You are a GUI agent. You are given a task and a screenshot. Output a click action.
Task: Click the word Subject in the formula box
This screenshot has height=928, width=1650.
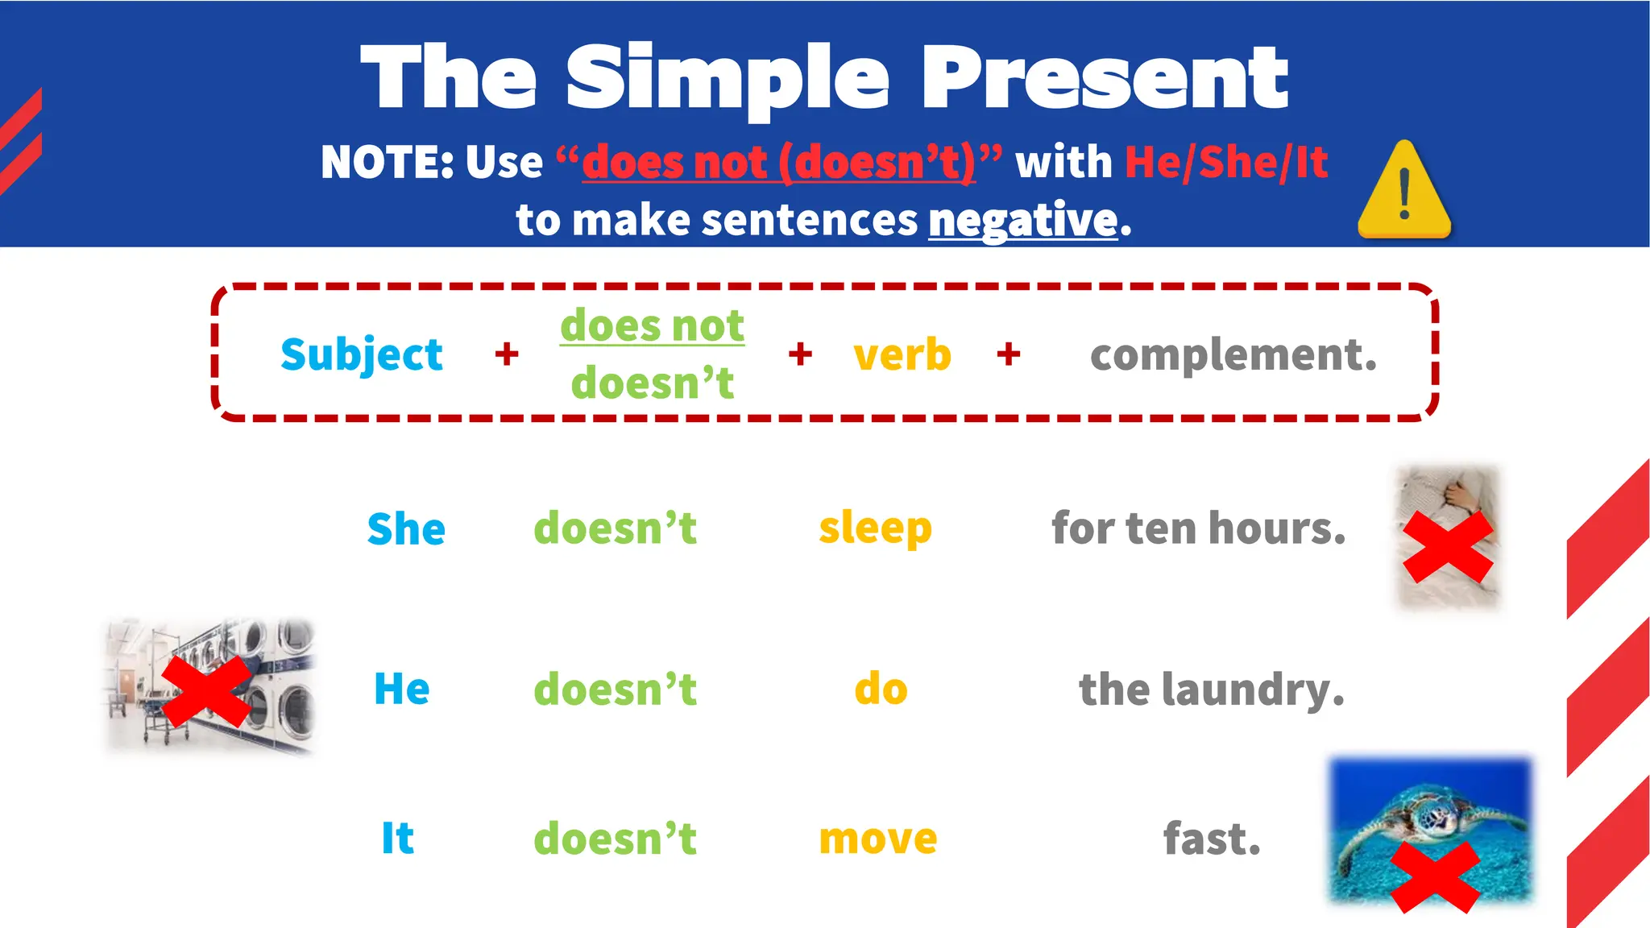click(x=362, y=354)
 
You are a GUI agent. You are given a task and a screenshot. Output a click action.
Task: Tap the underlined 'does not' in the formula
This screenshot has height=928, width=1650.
click(x=653, y=325)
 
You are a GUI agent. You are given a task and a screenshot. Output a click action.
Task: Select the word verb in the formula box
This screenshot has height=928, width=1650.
click(x=902, y=354)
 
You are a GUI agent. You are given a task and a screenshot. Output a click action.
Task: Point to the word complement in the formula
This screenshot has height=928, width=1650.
click(x=1233, y=354)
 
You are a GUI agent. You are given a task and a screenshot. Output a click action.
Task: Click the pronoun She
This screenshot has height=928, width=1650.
click(x=406, y=529)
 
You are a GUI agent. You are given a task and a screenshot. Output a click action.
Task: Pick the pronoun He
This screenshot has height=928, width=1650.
click(x=402, y=690)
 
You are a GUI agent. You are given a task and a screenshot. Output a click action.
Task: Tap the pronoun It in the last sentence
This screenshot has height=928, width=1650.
click(x=397, y=839)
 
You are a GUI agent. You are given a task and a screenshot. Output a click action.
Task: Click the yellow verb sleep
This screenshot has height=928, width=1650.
click(x=875, y=529)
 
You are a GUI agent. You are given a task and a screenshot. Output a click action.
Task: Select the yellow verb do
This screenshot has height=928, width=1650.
click(x=881, y=690)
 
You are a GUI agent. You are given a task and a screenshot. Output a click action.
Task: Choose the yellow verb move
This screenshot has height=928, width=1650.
click(x=878, y=839)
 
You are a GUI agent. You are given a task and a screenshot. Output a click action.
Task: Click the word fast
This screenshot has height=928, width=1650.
click(x=1212, y=839)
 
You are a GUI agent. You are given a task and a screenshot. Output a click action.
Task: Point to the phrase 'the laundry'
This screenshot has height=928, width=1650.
click(x=1212, y=690)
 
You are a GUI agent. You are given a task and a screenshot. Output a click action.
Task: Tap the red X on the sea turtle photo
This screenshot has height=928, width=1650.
click(x=1434, y=876)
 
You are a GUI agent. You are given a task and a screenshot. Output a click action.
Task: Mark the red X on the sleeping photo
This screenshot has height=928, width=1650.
click(x=1448, y=548)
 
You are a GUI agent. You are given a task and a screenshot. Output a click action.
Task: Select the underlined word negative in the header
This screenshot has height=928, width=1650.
click(x=1023, y=220)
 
